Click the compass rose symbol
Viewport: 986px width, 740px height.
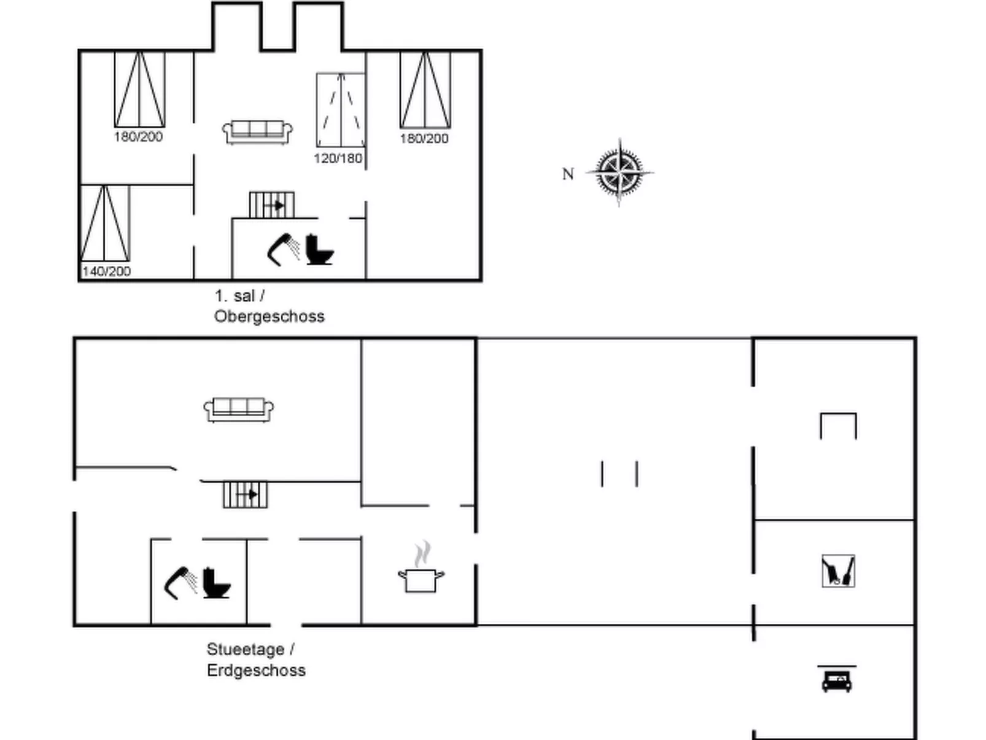click(x=619, y=173)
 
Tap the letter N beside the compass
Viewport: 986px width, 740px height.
click(x=568, y=174)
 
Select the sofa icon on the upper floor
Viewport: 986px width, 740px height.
click(x=257, y=132)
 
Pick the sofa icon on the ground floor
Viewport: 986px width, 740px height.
click(x=239, y=410)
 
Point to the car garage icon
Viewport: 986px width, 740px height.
click(x=836, y=679)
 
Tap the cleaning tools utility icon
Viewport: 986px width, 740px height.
click(x=838, y=571)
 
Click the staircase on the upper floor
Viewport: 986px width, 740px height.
click(x=272, y=205)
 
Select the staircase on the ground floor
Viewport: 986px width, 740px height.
click(x=245, y=495)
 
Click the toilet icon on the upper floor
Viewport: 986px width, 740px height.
click(x=319, y=250)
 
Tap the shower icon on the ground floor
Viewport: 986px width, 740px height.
click(x=180, y=583)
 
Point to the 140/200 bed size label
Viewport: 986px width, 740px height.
click(x=106, y=271)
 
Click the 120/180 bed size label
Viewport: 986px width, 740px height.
click(x=338, y=158)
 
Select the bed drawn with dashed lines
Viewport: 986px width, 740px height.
click(x=341, y=110)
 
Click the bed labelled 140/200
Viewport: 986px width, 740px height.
click(x=105, y=224)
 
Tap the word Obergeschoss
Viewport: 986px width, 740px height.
click(x=269, y=316)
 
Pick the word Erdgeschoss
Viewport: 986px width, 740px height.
click(x=256, y=671)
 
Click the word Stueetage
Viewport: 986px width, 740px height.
click(x=245, y=649)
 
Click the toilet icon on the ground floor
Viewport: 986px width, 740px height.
click(x=217, y=583)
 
